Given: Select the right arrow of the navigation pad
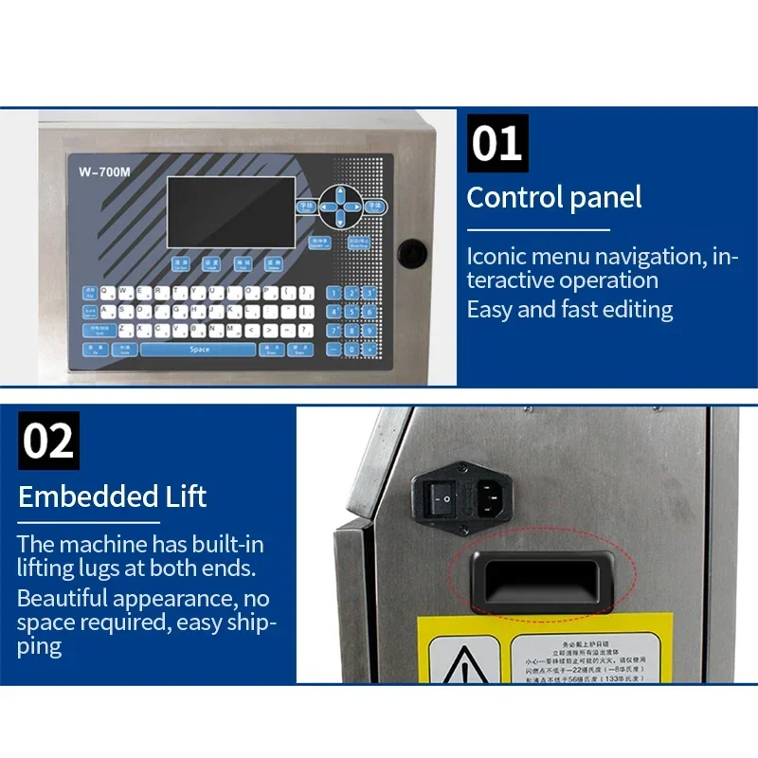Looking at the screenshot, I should pyautogui.click(x=354, y=205).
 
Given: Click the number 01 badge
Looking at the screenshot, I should pyautogui.click(x=497, y=144).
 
